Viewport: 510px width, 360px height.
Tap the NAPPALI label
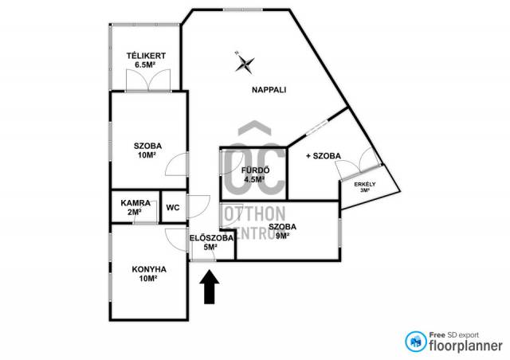pos(269,90)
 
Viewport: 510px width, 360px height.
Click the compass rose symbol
pos(245,63)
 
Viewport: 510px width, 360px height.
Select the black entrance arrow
pos(210,287)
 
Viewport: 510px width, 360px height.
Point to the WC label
pos(173,208)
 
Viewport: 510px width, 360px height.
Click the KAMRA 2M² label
pos(135,208)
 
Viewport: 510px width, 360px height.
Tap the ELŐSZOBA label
pos(211,238)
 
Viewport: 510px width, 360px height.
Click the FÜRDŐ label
pos(255,170)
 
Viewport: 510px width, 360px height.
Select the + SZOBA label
pos(324,156)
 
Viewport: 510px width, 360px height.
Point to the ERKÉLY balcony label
pos(365,184)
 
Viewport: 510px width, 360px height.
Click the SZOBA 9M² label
pos(282,231)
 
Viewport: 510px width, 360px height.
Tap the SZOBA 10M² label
pos(147,151)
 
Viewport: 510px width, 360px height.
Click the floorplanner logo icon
pos(416,342)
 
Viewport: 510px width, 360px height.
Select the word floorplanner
pos(465,346)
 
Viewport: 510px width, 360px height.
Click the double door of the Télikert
pos(148,80)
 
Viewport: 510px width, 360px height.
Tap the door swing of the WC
pos(198,207)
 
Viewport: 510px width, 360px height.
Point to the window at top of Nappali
pos(242,10)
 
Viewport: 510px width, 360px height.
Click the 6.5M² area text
pos(145,65)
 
